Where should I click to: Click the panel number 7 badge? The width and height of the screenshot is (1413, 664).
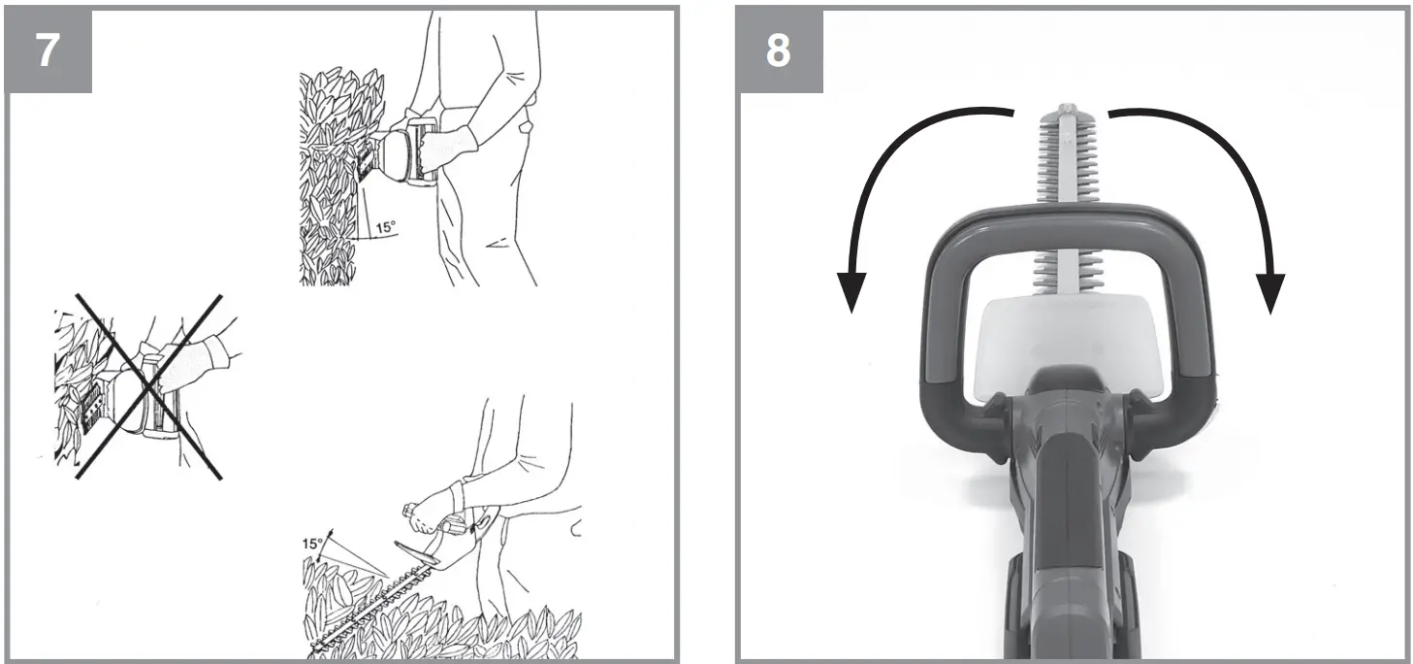click(x=49, y=51)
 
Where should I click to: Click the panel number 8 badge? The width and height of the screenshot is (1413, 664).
click(x=779, y=51)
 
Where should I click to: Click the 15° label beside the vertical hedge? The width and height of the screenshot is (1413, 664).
click(x=385, y=227)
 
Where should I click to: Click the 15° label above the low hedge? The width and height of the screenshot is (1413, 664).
click(x=313, y=544)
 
